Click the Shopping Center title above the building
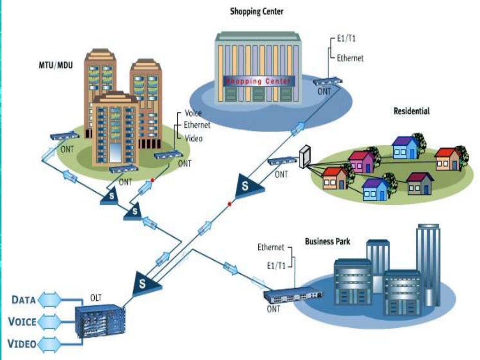[x=256, y=11]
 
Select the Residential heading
[x=412, y=112]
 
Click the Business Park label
[x=327, y=242]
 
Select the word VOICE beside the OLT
[x=22, y=321]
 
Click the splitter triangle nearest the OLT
[x=142, y=283]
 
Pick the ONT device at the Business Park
[x=293, y=295]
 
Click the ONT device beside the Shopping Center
[x=328, y=82]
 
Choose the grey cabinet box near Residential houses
[x=305, y=156]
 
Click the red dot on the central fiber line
[x=229, y=204]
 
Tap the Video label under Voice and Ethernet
[x=193, y=138]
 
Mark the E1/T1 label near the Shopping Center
[x=346, y=39]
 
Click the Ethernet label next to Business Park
[x=271, y=247]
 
